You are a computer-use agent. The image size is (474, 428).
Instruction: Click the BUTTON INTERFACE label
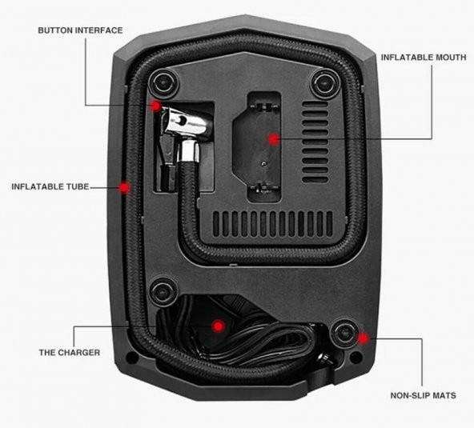click(80, 30)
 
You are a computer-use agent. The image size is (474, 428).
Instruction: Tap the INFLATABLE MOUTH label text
click(424, 58)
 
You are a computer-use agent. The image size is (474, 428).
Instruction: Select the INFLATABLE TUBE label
click(50, 186)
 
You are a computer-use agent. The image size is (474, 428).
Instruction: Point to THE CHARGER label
click(70, 353)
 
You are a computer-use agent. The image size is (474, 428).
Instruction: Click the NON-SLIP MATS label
click(424, 395)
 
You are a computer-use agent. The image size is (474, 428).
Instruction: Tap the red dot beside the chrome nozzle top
click(155, 106)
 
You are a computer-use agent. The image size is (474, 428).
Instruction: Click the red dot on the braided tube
click(124, 187)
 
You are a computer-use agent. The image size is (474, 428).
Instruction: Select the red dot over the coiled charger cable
click(218, 326)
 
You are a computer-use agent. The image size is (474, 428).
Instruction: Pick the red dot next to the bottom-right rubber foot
click(363, 338)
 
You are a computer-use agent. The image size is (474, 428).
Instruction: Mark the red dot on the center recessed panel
click(274, 139)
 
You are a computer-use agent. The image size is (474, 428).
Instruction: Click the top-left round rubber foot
click(163, 82)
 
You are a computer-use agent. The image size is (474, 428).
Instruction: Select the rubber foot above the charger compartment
click(163, 292)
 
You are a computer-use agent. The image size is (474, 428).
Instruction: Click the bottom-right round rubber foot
click(344, 333)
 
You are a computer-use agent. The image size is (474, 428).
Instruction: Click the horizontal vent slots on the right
click(315, 142)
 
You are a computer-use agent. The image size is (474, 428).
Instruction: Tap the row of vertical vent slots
click(273, 224)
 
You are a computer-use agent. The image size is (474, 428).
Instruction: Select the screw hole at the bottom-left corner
click(132, 358)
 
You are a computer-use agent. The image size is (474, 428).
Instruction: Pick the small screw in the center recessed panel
click(264, 164)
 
